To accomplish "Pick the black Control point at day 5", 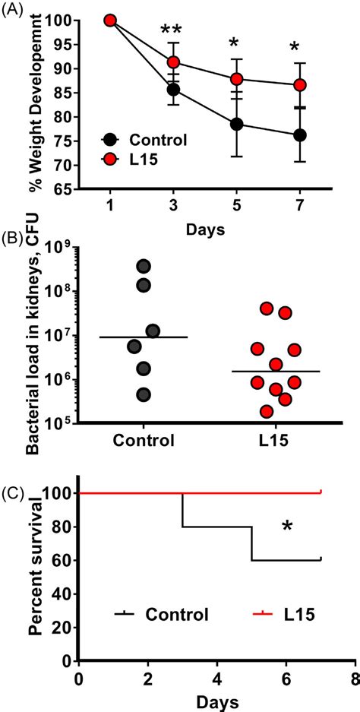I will tap(237, 124).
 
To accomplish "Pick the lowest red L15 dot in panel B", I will tap(266, 411).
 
